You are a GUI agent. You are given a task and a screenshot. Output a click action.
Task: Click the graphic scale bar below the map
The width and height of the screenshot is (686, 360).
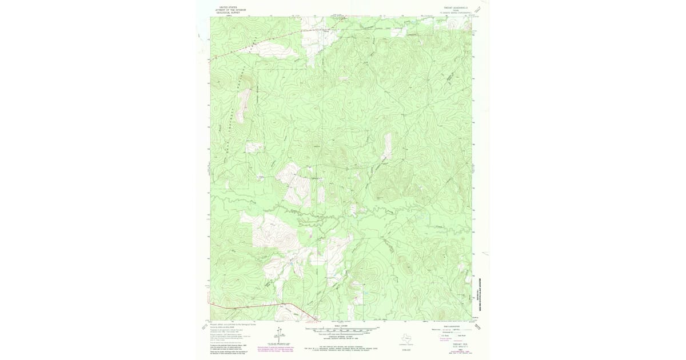(x=342, y=329)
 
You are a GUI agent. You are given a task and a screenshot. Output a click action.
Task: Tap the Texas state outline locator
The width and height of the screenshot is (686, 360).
(x=407, y=338)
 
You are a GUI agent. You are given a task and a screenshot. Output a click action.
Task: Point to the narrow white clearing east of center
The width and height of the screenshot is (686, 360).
(x=387, y=146)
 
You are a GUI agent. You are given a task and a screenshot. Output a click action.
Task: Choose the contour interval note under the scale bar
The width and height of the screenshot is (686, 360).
(x=342, y=335)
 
